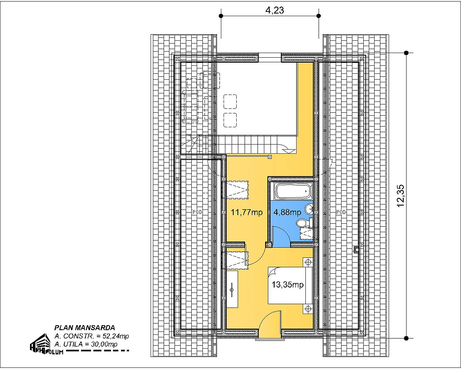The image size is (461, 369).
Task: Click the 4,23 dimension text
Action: click(275, 10)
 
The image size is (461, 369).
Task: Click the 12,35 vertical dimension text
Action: click(400, 196)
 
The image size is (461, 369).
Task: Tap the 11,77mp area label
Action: click(247, 212)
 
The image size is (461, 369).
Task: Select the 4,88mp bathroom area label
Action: click(287, 212)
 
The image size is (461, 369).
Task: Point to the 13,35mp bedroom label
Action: click(287, 284)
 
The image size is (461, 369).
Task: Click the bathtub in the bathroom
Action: click(292, 191)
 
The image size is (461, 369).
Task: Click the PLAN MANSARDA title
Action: click(85, 327)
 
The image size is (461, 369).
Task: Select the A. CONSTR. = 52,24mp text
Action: click(91, 336)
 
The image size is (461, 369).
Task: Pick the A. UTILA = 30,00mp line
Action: click(86, 344)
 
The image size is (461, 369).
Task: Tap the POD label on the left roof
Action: click(197, 212)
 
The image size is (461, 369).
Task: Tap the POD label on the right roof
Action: click(341, 212)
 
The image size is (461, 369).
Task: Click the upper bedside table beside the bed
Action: click(308, 262)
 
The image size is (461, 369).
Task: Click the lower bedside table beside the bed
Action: click(308, 309)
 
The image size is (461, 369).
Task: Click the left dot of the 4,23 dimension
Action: click(221, 16)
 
